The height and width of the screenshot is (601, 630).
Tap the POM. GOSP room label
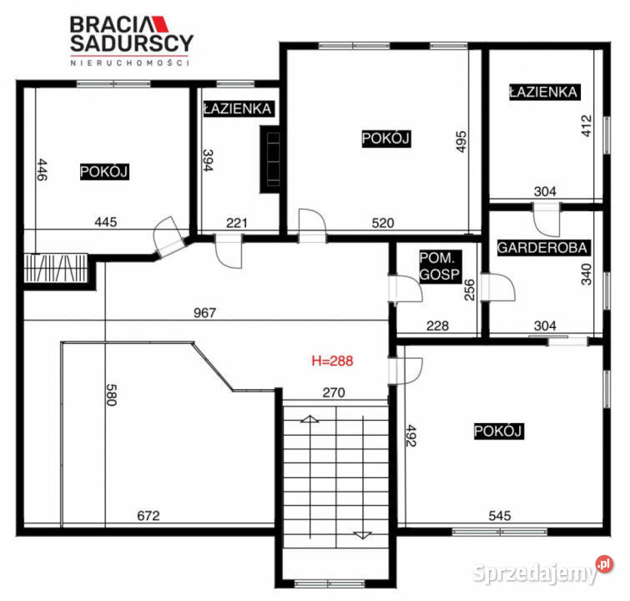click(436, 268)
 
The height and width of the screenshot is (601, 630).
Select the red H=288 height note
click(332, 361)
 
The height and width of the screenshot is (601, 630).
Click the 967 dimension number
click(204, 313)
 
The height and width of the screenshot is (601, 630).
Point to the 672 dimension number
click(148, 515)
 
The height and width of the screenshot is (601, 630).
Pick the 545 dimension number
click(498, 515)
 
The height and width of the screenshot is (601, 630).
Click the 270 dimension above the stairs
click(335, 391)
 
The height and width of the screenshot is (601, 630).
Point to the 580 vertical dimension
click(111, 394)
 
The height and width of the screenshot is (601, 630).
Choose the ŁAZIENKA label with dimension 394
click(238, 109)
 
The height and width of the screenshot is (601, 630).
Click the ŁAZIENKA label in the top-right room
click(543, 92)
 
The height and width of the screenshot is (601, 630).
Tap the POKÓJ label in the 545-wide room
click(498, 431)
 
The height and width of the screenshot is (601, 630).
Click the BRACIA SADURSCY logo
click(130, 38)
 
